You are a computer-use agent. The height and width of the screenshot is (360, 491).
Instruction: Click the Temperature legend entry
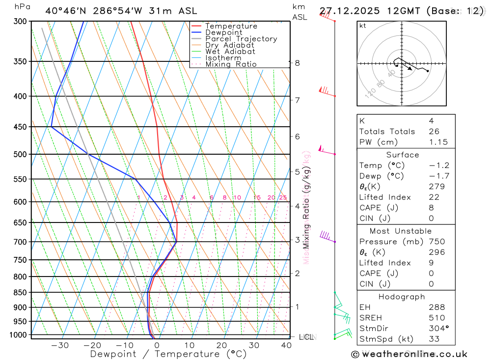pyautogui.click(x=231, y=26)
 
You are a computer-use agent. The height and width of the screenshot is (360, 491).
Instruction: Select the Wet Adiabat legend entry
pyautogui.click(x=230, y=52)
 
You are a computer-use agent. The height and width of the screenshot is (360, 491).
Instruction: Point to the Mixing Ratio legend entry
pyautogui.click(x=231, y=64)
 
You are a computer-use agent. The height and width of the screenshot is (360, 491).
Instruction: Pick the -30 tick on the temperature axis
pyautogui.click(x=60, y=345)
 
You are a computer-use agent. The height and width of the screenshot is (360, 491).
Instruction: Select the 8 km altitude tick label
pyautogui.click(x=297, y=63)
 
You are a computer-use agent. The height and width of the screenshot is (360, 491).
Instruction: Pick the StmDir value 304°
pyautogui.click(x=438, y=329)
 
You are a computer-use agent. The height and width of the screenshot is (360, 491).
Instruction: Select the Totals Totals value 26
pyautogui.click(x=434, y=131)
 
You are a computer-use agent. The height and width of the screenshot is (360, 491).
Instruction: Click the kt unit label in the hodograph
pyautogui.click(x=363, y=26)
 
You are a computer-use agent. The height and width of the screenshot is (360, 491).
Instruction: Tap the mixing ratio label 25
pyautogui.click(x=283, y=197)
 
